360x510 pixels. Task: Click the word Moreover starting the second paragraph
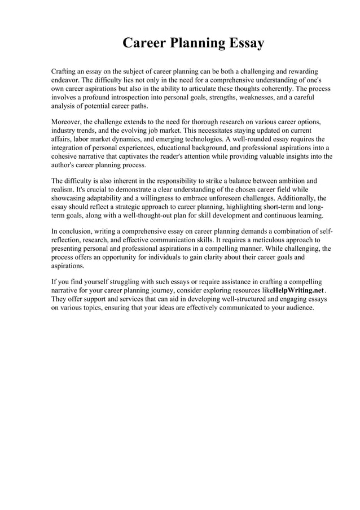click(x=67, y=122)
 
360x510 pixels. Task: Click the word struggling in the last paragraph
click(x=123, y=281)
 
